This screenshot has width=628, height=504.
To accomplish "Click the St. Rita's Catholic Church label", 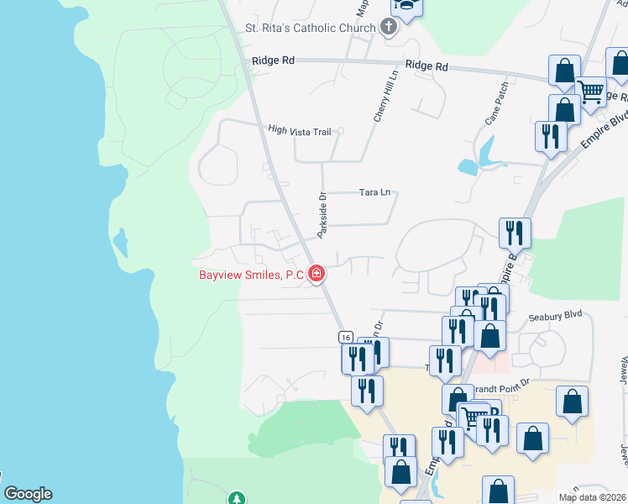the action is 310,28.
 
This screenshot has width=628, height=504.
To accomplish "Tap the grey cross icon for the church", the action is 388,27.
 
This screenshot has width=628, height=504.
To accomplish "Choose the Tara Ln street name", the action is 374,192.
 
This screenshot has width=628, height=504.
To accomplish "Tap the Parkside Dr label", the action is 322,214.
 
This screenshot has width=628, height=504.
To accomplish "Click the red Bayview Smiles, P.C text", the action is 251,275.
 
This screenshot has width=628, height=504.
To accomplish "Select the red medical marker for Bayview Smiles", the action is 317,273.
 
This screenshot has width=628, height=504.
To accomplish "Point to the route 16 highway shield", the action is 346,336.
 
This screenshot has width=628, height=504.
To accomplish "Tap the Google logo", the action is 28,494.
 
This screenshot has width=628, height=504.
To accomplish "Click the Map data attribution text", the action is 591,497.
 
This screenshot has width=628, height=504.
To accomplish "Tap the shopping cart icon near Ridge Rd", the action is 591,91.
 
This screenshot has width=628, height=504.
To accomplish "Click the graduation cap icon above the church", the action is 406,6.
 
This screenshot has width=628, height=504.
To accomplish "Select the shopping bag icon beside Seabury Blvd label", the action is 489,335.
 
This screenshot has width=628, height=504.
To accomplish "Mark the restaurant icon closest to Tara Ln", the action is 514,232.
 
